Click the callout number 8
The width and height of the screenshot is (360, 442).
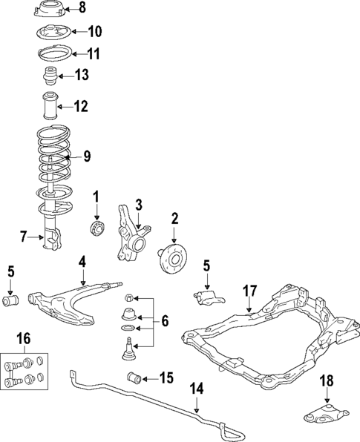click(82, 9)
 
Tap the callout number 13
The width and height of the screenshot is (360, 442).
click(81, 75)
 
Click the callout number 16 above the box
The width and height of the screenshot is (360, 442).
click(24, 339)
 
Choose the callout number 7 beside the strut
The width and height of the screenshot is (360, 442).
click(24, 237)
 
